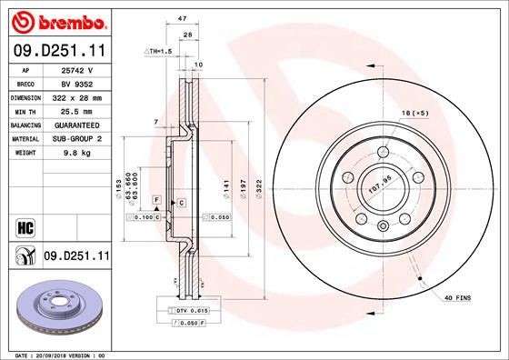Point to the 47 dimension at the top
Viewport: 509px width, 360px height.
click(182, 18)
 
